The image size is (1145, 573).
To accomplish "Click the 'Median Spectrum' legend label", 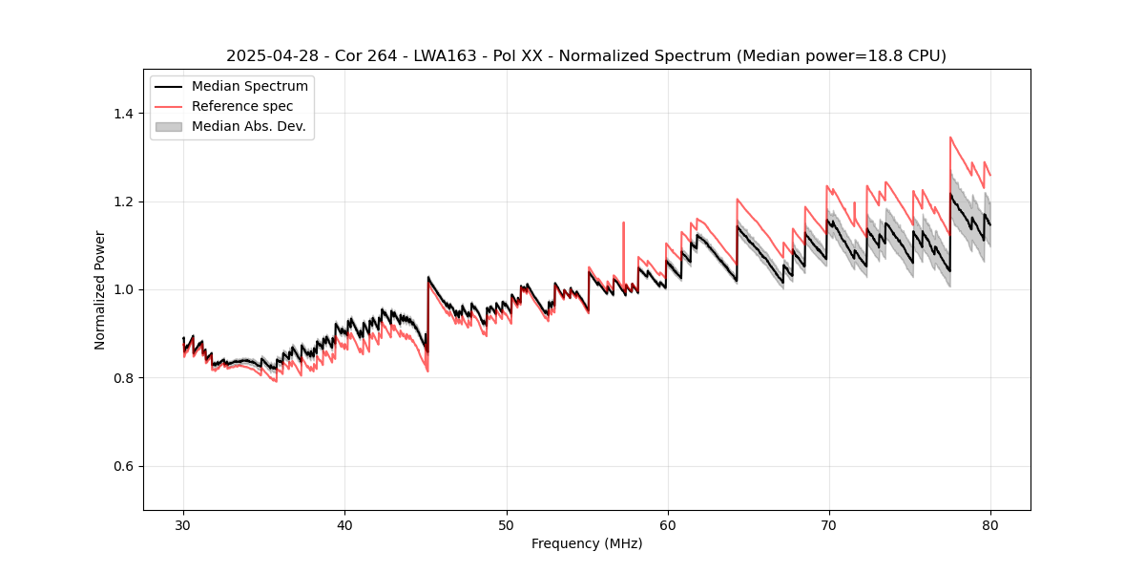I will coord(250,87).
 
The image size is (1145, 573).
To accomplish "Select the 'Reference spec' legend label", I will coord(242,106).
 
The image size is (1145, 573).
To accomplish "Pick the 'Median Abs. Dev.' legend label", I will coord(249,126).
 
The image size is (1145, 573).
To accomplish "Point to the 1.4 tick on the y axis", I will coord(123,114).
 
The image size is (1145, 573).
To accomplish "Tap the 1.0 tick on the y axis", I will coord(123,289).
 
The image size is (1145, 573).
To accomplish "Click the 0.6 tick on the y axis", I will coord(123,466).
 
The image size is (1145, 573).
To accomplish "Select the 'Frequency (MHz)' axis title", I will coord(587,543).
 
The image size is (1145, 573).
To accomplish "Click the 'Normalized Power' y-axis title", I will coord(100,289).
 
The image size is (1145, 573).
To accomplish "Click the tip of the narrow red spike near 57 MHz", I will coord(623,223).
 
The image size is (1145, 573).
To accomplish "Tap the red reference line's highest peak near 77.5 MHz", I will coord(950,138).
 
